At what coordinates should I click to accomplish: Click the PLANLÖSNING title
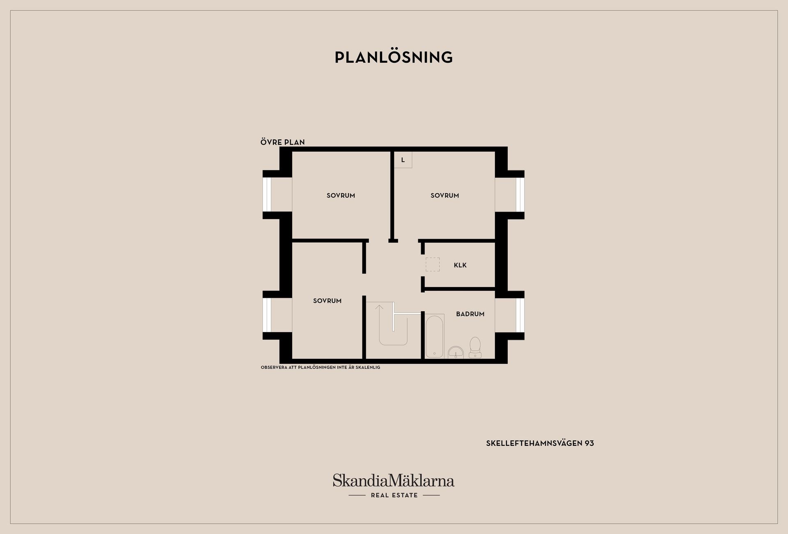point(394,57)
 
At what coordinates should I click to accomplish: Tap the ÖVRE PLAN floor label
point(282,142)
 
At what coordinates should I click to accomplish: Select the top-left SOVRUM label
point(341,196)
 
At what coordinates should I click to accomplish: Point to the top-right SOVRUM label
point(444,196)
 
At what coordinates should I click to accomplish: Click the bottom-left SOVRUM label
point(327,301)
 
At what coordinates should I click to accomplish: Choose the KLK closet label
point(460,265)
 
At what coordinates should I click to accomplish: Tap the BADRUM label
point(470,314)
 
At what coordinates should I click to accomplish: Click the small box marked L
point(403,160)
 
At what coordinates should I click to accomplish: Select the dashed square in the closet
point(432,265)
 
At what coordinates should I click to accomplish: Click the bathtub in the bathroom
point(435,336)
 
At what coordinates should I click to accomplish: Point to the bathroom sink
point(456,352)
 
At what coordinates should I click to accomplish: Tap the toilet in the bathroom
point(475,348)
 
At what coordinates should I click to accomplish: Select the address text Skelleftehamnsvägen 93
point(540,443)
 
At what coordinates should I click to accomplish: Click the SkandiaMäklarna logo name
point(394,480)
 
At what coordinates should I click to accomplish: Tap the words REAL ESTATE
point(394,495)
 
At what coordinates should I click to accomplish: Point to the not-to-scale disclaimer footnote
point(321,367)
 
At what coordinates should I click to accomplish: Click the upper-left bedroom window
point(267,195)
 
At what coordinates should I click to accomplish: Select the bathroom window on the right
point(520,315)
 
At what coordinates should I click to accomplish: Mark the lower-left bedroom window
point(267,315)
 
